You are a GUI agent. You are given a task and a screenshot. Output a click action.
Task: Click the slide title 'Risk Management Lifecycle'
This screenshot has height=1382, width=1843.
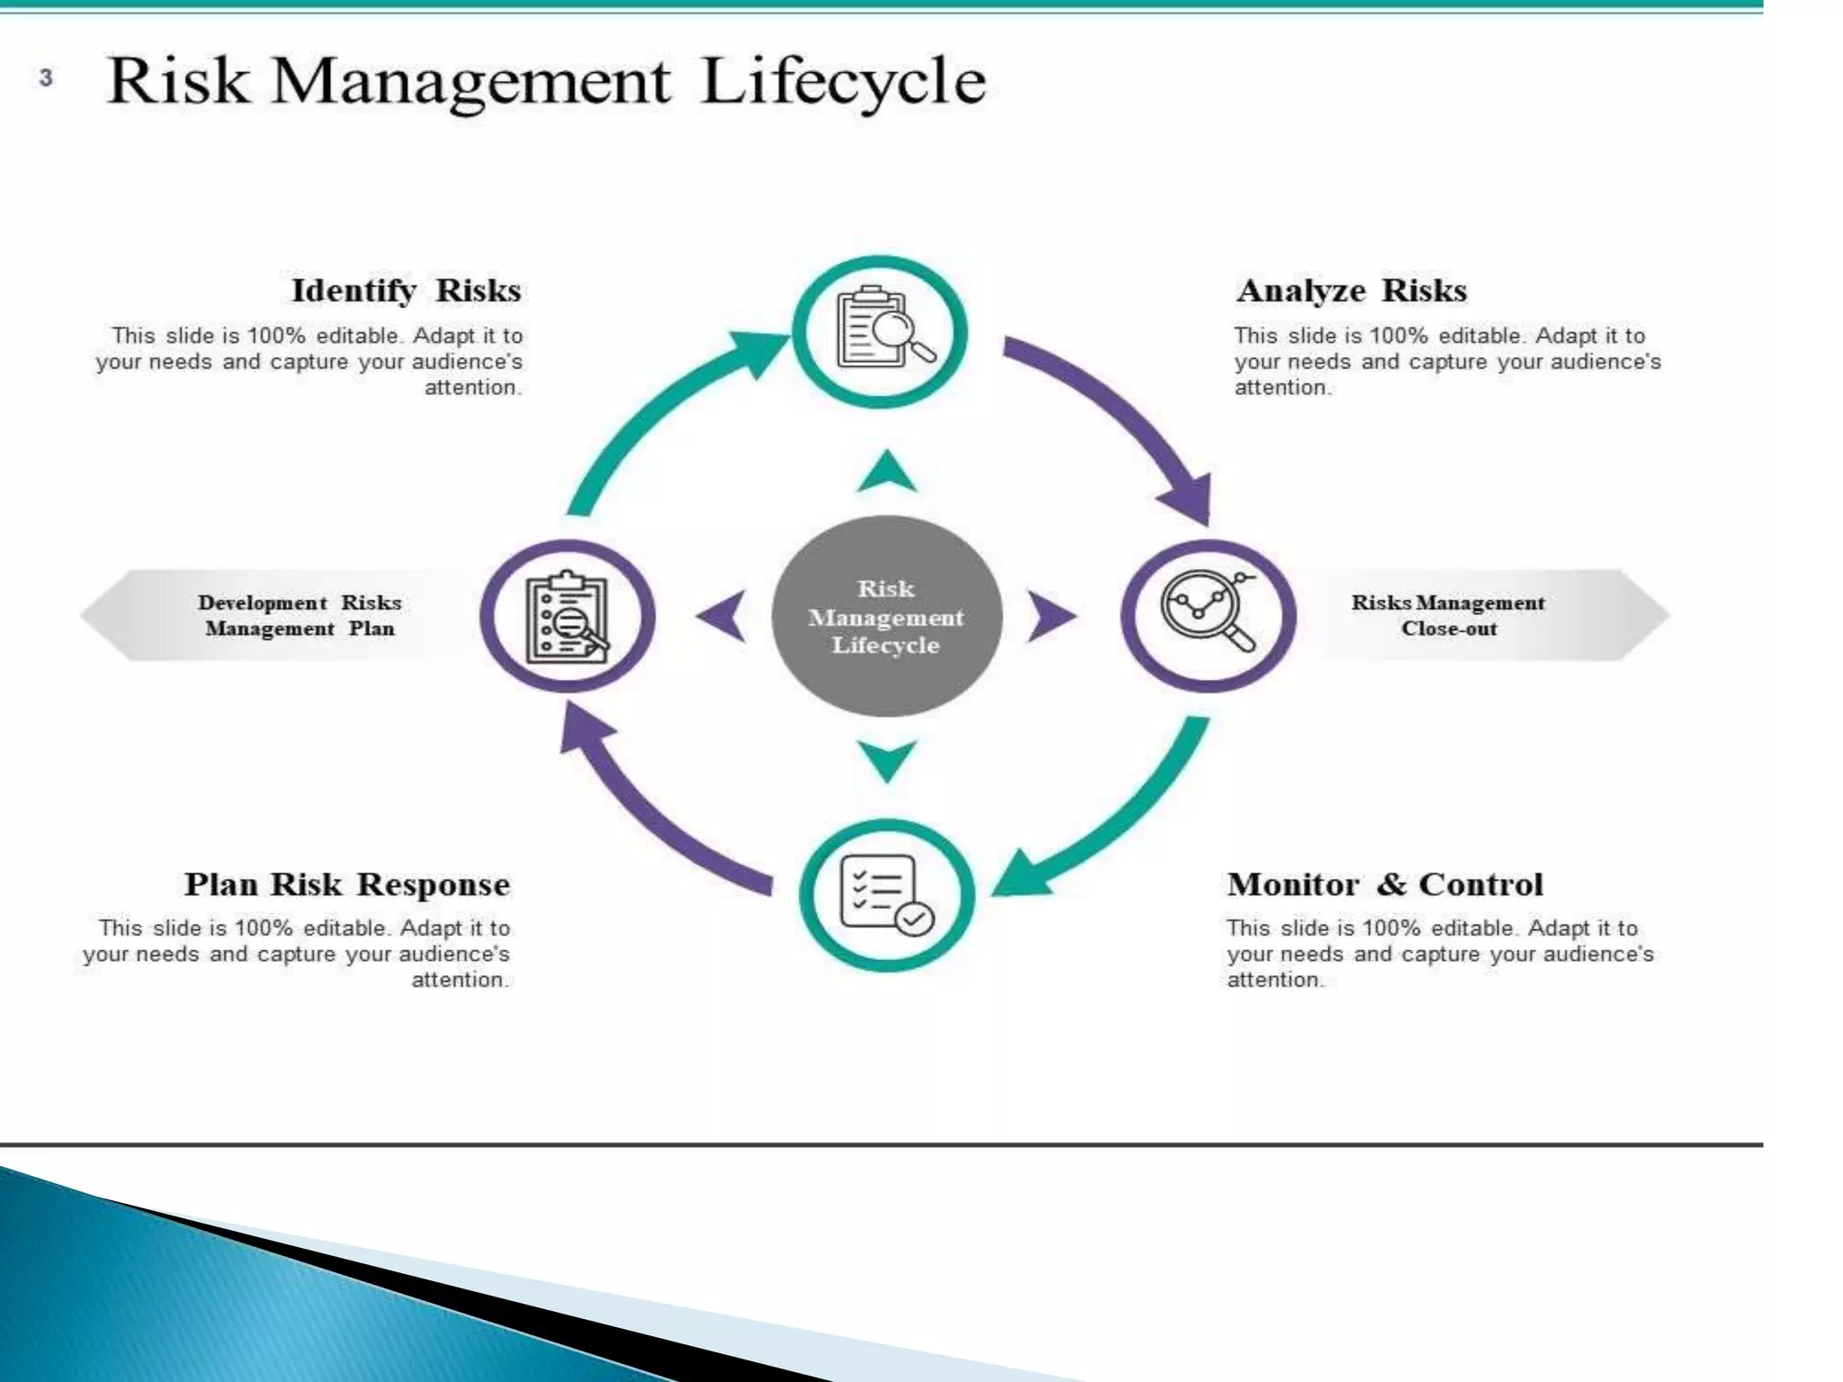click(546, 81)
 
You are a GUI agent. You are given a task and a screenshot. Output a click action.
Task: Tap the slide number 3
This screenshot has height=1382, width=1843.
click(46, 78)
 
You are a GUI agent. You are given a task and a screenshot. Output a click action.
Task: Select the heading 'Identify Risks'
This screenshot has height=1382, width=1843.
click(406, 291)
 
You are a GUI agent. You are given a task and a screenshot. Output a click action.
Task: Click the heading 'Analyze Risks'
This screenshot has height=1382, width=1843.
click(1351, 291)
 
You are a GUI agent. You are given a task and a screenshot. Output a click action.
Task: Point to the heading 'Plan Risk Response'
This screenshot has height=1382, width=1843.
click(347, 884)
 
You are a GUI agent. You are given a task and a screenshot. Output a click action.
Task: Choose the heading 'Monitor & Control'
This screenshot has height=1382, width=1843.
click(1385, 884)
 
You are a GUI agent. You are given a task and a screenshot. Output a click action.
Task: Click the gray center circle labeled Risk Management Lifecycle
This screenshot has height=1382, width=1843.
click(886, 616)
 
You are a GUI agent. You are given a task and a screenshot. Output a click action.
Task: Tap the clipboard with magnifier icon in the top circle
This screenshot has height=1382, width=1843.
click(882, 330)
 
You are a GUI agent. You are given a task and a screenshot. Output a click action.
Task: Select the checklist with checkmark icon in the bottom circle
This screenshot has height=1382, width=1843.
click(886, 894)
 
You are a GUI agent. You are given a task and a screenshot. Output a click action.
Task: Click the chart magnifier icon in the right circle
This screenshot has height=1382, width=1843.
click(1209, 612)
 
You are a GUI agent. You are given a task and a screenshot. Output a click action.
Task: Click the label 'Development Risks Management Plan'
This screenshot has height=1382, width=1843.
click(300, 615)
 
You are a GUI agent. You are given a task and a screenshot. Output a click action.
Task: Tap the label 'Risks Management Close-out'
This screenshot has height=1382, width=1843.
click(1448, 615)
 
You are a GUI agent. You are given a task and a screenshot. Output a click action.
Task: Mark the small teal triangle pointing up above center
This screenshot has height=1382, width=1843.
click(887, 473)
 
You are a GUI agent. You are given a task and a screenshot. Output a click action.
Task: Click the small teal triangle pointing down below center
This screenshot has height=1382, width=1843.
click(887, 758)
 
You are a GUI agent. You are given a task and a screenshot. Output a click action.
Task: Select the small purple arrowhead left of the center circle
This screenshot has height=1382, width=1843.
click(724, 616)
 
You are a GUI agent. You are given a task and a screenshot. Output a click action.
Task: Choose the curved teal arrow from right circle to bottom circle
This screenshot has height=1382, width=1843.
click(1125, 819)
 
